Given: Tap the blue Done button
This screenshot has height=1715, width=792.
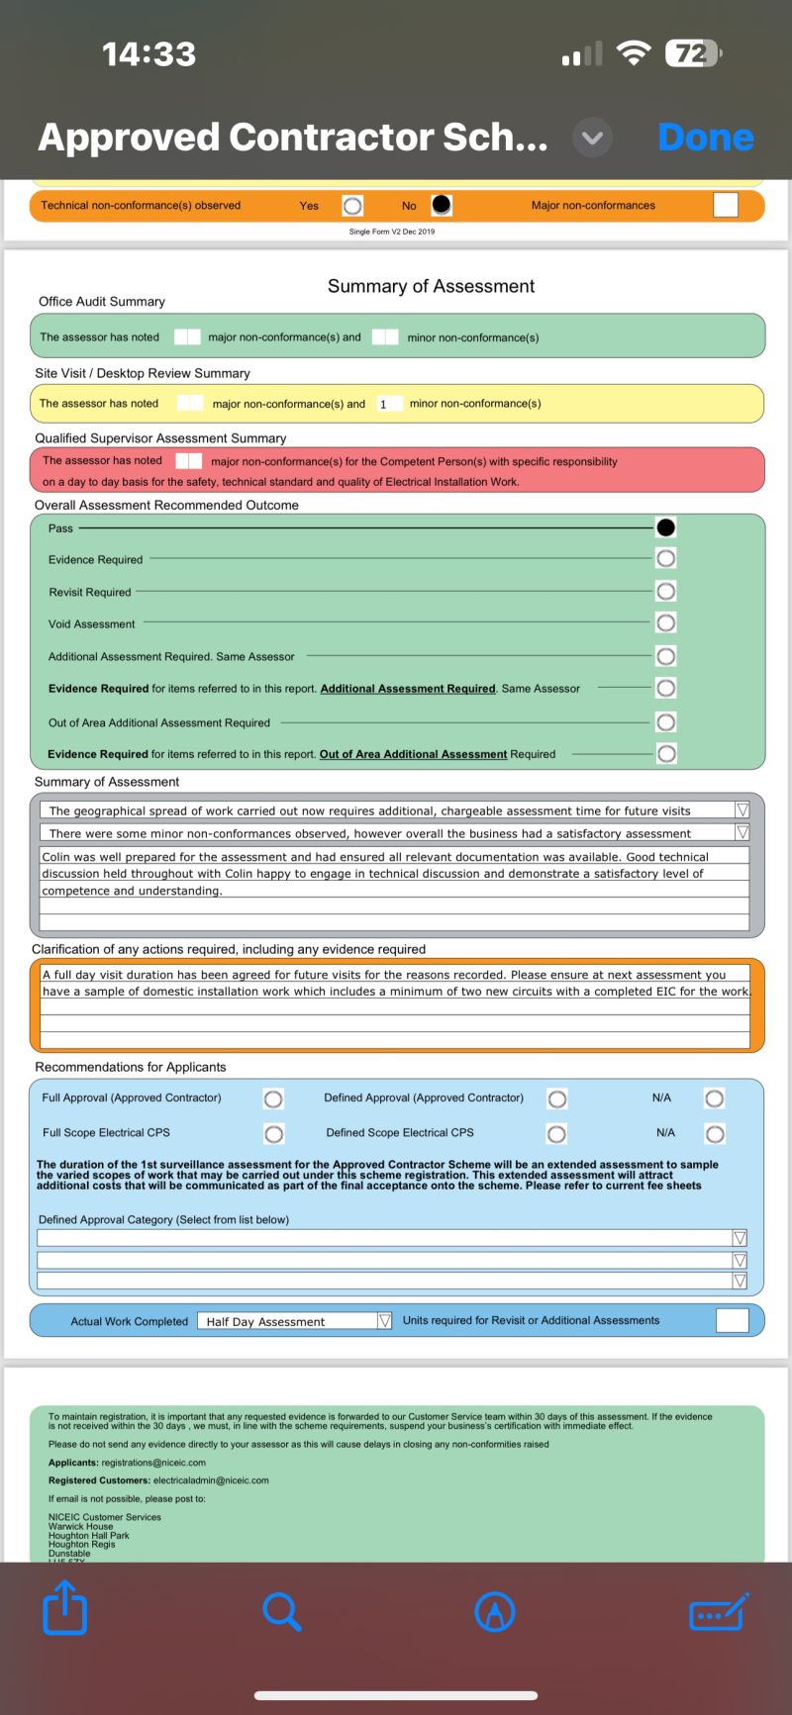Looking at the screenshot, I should pos(705,138).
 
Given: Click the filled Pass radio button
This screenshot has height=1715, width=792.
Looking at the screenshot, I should pos(666,527).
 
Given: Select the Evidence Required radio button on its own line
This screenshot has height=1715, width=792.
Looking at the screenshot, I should pos(666,558).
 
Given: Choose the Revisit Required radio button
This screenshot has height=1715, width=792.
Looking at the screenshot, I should pos(666,591).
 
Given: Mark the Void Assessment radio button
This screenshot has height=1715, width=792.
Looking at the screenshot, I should pos(666,622).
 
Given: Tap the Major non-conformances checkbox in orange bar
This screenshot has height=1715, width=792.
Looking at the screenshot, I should pos(726,205).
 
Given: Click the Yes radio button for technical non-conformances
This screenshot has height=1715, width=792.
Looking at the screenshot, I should pos(352,205).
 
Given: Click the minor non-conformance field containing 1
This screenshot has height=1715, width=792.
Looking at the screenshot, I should pos(388,404).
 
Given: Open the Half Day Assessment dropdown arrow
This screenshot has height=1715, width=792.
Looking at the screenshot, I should pos(385,1320).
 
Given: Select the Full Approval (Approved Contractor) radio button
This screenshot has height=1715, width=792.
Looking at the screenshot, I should pos(273,1098).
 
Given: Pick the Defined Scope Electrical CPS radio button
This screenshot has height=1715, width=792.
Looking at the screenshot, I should pos(556,1133).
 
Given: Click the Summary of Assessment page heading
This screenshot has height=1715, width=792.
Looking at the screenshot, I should pos(431,286).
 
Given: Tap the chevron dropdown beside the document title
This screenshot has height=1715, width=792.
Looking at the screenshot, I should pos(592,138).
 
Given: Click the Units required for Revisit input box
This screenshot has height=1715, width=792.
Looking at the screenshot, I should pos(732,1320).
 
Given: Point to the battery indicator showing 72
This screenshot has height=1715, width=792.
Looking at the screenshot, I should pos(694,53).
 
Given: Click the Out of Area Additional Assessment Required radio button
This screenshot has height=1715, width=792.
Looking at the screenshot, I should pos(666,721).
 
